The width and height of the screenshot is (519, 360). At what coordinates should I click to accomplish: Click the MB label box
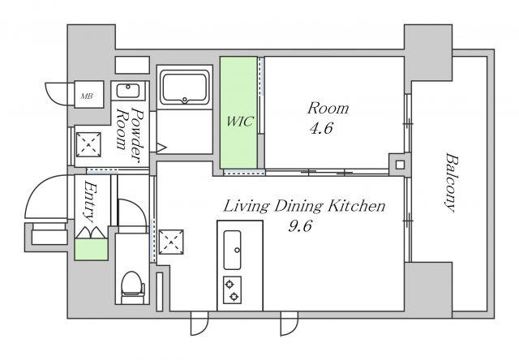pyautogui.click(x=89, y=94)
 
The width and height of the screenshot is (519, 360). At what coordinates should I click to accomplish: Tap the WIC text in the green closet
pyautogui.click(x=240, y=122)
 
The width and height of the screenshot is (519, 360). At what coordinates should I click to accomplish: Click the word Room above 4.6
pyautogui.click(x=328, y=109)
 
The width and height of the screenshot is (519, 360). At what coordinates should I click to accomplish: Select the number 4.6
pyautogui.click(x=321, y=128)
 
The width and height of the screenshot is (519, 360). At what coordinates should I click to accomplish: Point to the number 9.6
pyautogui.click(x=300, y=226)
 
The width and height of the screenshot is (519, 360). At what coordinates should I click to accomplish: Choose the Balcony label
pyautogui.click(x=450, y=182)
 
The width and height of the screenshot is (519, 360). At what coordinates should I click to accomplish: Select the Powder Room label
pyautogui.click(x=131, y=135)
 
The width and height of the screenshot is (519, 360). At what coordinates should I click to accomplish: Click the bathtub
pyautogui.click(x=184, y=88)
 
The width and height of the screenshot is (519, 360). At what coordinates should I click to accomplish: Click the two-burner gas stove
pyautogui.click(x=232, y=290)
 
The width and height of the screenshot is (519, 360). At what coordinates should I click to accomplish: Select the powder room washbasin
pyautogui.click(x=128, y=91)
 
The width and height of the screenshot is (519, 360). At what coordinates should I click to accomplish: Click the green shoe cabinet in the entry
pyautogui.click(x=92, y=249)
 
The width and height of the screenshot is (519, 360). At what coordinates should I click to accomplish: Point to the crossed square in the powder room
pyautogui.click(x=88, y=144)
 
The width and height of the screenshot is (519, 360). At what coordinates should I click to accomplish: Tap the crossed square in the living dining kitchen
pyautogui.click(x=171, y=242)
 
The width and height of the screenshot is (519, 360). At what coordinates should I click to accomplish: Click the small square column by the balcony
pyautogui.click(x=400, y=165)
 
